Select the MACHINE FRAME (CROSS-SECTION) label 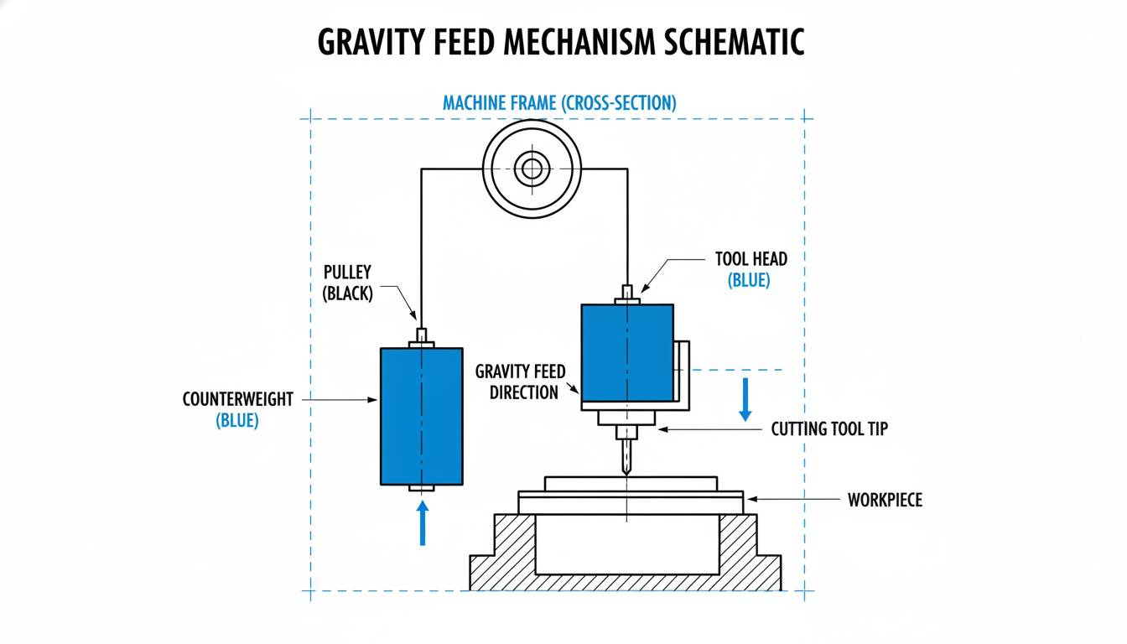[x=559, y=103]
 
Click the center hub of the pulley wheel [x=531, y=169]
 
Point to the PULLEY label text [x=348, y=273]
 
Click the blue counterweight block [x=421, y=416]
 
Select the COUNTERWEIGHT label [x=238, y=399]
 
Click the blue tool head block [x=627, y=352]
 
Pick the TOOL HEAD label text [x=750, y=259]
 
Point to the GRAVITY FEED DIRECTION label [x=521, y=382]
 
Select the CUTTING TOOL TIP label [x=828, y=429]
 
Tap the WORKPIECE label [x=884, y=501]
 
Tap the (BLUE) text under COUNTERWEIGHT [x=238, y=421]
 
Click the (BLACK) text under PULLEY [x=348, y=295]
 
